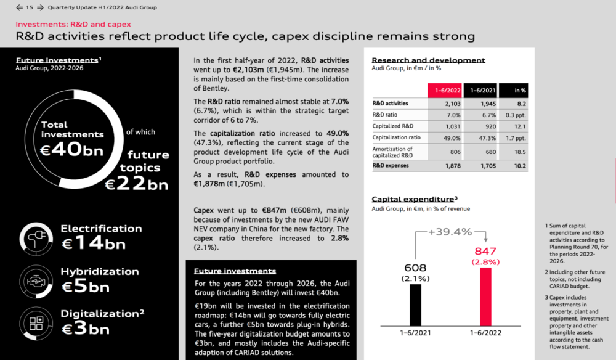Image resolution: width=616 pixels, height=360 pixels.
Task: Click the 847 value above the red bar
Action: coord(486,252)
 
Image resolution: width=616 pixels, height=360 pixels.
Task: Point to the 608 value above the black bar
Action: coord(416,268)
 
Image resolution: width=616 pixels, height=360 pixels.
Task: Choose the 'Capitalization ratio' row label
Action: coord(397,137)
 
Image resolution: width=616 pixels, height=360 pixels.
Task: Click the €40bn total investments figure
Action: coord(72,149)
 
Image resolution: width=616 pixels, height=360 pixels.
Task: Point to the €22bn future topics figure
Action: coord(136,183)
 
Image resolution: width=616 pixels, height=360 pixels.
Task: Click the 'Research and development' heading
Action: coord(428,60)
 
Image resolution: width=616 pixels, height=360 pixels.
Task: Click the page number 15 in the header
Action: coord(29,7)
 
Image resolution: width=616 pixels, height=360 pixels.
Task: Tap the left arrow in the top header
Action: coord(18,7)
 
